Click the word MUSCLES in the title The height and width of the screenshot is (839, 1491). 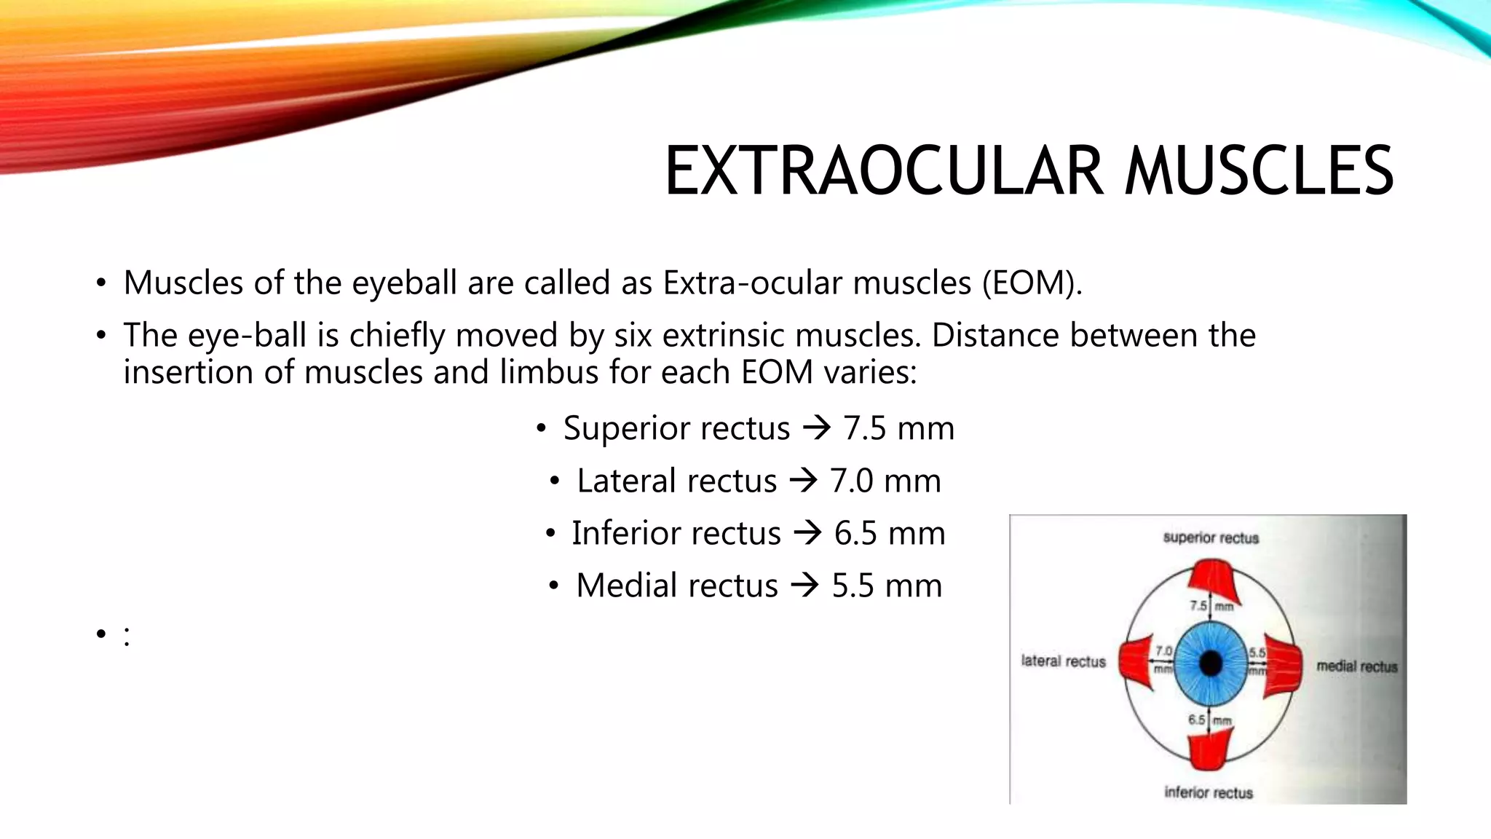coord(1259,172)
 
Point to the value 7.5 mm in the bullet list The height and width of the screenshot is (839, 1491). coord(898,428)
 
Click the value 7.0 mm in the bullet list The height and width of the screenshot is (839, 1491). coord(885,481)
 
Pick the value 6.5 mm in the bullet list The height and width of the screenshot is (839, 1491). coord(890,533)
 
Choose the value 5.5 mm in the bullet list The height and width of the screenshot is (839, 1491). coord(887,586)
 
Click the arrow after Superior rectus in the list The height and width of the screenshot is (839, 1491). coord(816,428)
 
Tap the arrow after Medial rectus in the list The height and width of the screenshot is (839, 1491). coord(804,586)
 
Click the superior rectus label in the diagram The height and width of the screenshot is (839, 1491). coord(1211,538)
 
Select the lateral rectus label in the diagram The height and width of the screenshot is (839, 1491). coord(1063,661)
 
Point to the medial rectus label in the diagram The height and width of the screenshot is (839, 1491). coord(1356,666)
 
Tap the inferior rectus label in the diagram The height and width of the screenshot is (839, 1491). coord(1209,792)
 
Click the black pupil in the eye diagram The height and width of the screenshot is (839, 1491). coord(1211,663)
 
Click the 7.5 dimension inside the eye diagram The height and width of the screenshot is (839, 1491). coord(1198,605)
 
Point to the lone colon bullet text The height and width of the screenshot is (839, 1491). coord(127,636)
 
